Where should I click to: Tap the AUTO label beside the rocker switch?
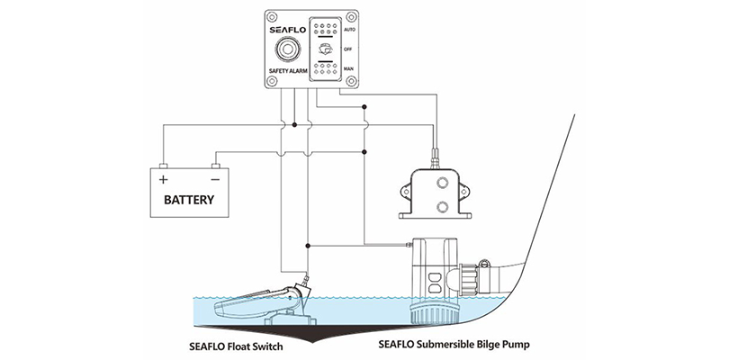[x=349, y=30]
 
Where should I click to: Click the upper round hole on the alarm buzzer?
[x=442, y=184]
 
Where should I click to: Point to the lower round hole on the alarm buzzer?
[x=442, y=207]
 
